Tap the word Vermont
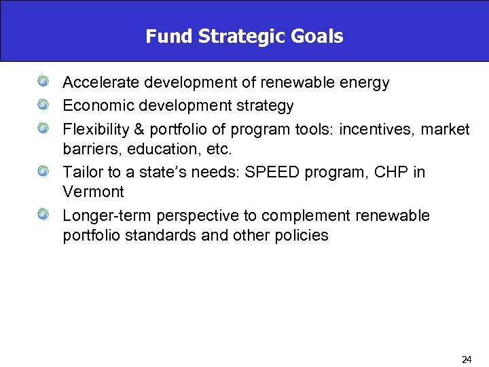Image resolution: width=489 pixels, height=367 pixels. [93, 192]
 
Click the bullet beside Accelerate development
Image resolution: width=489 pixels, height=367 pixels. [44, 82]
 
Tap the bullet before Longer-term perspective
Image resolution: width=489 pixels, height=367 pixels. [44, 215]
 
